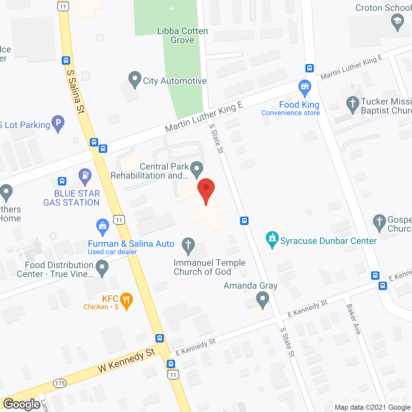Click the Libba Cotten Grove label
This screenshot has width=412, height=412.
click(183, 35)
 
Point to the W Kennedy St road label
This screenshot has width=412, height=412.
click(126, 360)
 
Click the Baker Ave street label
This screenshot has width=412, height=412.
click(353, 319)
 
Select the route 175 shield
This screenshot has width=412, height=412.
click(60, 383)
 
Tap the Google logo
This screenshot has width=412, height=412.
click(22, 404)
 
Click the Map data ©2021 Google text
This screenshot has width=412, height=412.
click(373, 407)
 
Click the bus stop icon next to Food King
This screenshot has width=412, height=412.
click(310, 68)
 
